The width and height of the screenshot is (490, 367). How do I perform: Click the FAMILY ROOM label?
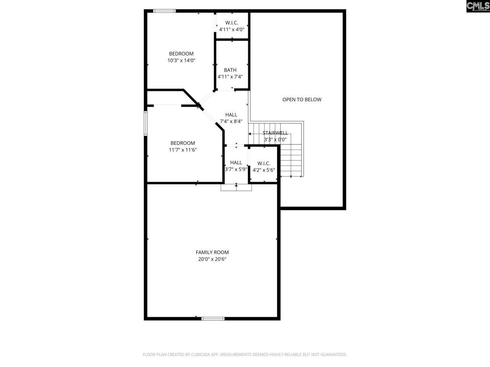212,252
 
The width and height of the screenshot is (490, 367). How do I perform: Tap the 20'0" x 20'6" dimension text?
212,259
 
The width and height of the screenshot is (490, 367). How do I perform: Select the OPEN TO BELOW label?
302,99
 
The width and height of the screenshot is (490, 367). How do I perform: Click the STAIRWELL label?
275,133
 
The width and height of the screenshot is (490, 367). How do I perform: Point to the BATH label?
230,70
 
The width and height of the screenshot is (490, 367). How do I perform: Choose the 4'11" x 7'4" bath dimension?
230,77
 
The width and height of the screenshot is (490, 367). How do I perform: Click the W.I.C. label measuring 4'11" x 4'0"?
232,23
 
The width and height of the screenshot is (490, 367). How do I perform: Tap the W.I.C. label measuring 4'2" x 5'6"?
264,163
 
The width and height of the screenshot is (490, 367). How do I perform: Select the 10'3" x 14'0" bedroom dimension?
181,60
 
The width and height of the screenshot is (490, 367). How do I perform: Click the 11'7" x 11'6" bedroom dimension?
183,150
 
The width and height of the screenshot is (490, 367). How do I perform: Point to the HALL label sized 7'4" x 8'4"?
231,115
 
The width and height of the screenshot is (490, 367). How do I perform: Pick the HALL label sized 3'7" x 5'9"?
236,162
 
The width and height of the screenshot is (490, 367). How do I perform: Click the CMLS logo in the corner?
478,6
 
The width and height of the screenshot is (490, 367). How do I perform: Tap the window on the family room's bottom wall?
213,318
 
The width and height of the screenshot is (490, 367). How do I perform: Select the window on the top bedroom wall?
164,11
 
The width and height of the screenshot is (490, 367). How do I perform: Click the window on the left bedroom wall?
145,123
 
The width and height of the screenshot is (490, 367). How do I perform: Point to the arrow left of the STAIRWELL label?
250,134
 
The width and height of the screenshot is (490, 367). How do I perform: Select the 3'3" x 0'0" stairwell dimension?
276,140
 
